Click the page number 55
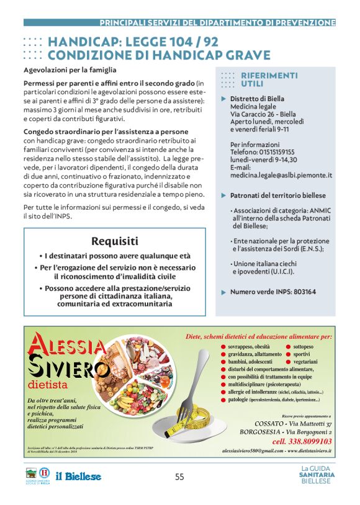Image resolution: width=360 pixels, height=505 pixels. [x=179, y=476]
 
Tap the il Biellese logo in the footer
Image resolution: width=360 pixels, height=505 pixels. [x=79, y=476]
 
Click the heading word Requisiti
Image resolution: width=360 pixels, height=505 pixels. [x=115, y=241]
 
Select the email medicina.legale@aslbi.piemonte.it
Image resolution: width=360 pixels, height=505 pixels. [x=281, y=176]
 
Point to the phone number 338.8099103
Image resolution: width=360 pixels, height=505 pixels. [x=302, y=441]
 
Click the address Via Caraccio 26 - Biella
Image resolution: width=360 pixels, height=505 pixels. [x=263, y=115]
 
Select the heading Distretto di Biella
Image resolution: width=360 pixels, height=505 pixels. [x=257, y=99]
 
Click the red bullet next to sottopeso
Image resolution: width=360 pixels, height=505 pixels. [x=289, y=346]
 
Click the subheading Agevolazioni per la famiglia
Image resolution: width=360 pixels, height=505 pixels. [x=70, y=70]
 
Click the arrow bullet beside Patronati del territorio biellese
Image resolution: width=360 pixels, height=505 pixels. [x=223, y=195]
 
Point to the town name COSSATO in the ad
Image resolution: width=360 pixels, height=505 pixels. [x=256, y=423]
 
